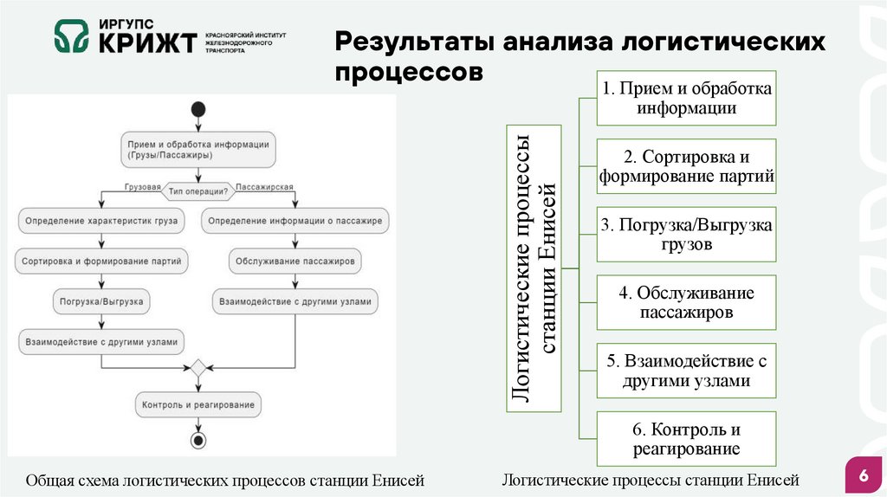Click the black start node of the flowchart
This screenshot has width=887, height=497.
(x=198, y=110)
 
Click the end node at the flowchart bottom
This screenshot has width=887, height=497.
(x=198, y=441)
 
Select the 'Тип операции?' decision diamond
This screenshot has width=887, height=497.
(x=198, y=190)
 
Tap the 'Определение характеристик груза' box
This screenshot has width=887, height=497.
(x=102, y=221)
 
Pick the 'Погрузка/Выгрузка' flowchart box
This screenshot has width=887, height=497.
(x=102, y=302)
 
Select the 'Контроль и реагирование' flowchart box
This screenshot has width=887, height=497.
(x=198, y=404)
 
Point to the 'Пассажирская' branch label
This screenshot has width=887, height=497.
(x=264, y=186)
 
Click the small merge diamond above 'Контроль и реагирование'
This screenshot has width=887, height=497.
(x=198, y=368)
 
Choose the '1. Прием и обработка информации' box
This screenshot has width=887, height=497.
(x=687, y=98)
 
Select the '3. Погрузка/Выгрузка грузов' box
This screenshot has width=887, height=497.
(x=687, y=235)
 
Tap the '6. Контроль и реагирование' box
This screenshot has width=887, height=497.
(x=687, y=439)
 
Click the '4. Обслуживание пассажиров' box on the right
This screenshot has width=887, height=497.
(x=687, y=303)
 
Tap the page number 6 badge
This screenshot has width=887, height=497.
(x=863, y=475)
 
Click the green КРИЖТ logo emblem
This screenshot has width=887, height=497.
(x=71, y=37)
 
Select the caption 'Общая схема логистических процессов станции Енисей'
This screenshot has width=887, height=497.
(x=225, y=480)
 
